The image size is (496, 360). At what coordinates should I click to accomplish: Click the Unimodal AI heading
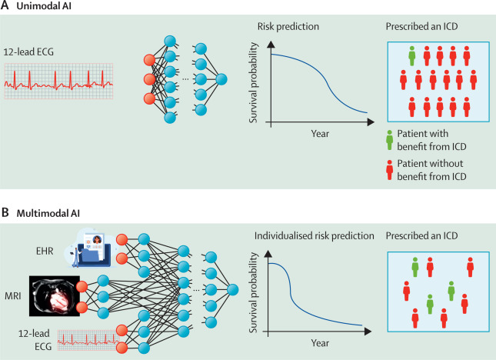(x=44, y=6)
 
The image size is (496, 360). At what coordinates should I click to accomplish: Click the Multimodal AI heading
(x=48, y=213)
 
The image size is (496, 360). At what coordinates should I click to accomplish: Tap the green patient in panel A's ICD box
(x=411, y=56)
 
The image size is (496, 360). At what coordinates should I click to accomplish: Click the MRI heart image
(x=55, y=296)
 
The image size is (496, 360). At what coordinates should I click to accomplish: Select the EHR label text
(x=45, y=252)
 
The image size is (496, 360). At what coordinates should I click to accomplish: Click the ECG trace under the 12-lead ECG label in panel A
(x=58, y=81)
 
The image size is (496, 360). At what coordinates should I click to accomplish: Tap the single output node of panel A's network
(x=221, y=79)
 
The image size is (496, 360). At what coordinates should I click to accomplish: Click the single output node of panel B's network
(x=232, y=290)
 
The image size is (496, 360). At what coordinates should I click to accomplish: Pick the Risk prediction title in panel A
(x=288, y=27)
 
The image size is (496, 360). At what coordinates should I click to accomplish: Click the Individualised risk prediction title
(x=314, y=236)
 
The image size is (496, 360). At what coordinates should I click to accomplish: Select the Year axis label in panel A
(x=320, y=134)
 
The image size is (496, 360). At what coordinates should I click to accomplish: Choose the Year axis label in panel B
(x=320, y=343)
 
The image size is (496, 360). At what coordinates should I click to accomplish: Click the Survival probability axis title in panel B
(x=253, y=292)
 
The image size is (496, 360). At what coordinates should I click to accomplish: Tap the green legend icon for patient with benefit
(x=390, y=140)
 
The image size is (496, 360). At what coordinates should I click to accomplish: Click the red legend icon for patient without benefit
(x=390, y=170)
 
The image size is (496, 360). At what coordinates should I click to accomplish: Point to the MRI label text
(x=13, y=296)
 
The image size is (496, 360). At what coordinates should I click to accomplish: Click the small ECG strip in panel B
(x=89, y=340)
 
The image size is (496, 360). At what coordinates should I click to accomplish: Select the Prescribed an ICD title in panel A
(x=421, y=26)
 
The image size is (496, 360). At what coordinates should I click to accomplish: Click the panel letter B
(x=5, y=212)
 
